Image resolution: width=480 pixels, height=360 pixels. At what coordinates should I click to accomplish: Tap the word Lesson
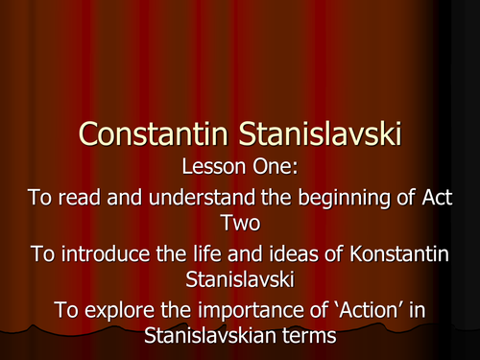tap(207, 167)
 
